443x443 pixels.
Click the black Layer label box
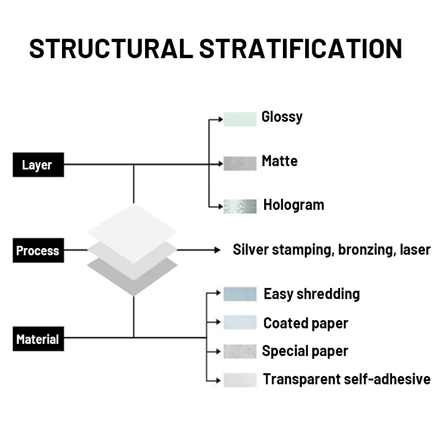tap(38, 164)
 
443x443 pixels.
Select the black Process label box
tap(38, 250)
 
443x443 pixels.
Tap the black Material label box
tap(38, 339)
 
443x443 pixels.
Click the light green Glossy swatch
tap(240, 119)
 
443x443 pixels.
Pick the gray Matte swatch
tap(240, 163)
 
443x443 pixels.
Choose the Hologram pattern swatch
tap(240, 206)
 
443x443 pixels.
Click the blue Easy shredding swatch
tap(240, 294)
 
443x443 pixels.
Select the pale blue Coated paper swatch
tap(240, 322)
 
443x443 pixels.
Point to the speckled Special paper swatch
tap(240, 351)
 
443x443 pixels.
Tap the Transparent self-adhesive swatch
tap(240, 380)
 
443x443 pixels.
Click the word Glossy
tap(282, 117)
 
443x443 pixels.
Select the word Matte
tap(280, 161)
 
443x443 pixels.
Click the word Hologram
tap(293, 205)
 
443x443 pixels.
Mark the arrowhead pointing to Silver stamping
tap(217, 250)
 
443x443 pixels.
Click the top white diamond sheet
tap(132, 227)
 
